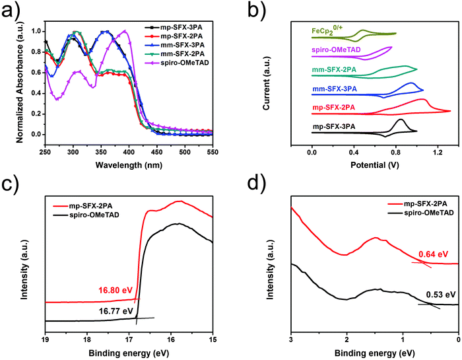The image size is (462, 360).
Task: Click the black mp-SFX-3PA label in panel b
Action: [335, 126]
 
